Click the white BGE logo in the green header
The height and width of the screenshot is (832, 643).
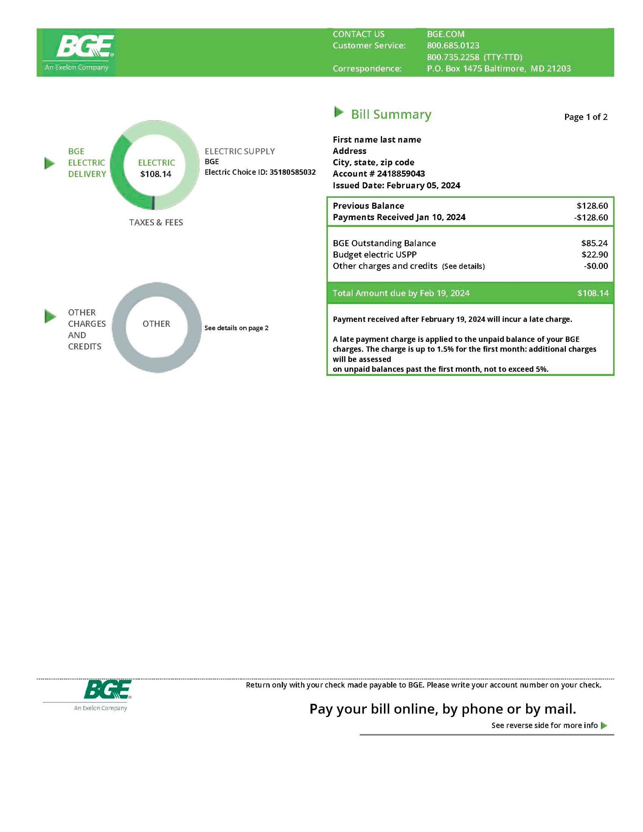pyautogui.click(x=85, y=46)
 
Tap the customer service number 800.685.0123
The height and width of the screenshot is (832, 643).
pyautogui.click(x=453, y=46)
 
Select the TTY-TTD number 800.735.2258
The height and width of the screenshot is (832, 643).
pyautogui.click(x=453, y=57)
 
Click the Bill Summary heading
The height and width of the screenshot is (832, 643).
pyautogui.click(x=391, y=114)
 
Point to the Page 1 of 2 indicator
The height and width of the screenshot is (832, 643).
pyautogui.click(x=585, y=117)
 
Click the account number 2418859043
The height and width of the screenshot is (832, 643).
pyautogui.click(x=401, y=174)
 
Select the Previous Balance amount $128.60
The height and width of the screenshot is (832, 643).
pyautogui.click(x=592, y=206)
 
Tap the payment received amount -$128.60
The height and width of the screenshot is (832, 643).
pyautogui.click(x=591, y=218)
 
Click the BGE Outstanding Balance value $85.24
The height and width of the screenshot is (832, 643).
pyautogui.click(x=594, y=243)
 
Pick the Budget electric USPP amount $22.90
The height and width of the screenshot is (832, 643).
pyautogui.click(x=594, y=254)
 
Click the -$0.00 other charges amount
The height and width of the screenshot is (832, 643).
pyautogui.click(x=596, y=266)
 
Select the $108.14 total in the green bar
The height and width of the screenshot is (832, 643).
pyautogui.click(x=593, y=293)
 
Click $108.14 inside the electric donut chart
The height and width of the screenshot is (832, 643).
pyautogui.click(x=156, y=174)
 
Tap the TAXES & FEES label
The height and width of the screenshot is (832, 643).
pyautogui.click(x=156, y=223)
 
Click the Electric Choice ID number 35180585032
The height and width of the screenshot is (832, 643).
pyautogui.click(x=293, y=172)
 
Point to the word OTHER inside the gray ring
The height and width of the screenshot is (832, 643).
pyautogui.click(x=156, y=324)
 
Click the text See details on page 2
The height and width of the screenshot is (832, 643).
pyautogui.click(x=236, y=328)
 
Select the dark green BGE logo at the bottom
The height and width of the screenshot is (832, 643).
pyautogui.click(x=107, y=689)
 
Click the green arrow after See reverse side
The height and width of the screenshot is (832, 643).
pyautogui.click(x=604, y=725)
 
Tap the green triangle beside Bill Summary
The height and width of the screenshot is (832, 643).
pyautogui.click(x=338, y=112)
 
